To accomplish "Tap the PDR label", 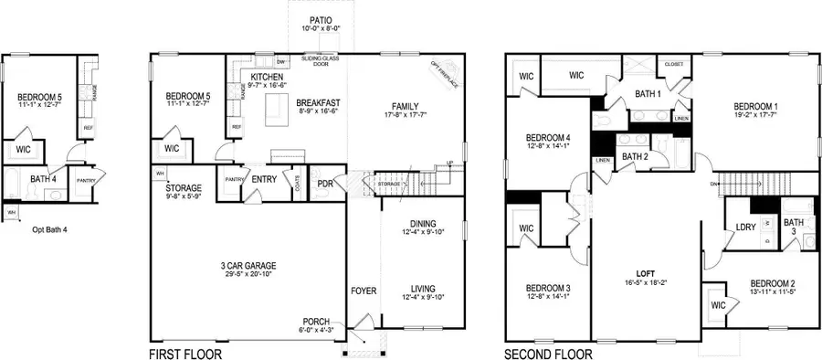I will tap(324, 183).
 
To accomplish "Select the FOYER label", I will tap(364, 291).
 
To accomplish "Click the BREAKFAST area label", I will tap(319, 102).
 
